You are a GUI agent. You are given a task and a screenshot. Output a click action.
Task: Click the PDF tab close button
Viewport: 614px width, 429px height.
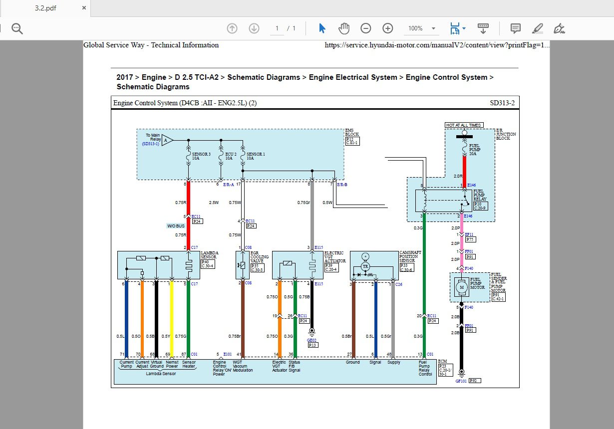tap(84, 8)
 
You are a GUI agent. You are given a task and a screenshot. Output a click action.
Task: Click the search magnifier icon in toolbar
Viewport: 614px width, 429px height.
tap(17, 28)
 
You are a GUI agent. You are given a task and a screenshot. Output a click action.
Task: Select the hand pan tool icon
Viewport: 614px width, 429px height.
tap(343, 28)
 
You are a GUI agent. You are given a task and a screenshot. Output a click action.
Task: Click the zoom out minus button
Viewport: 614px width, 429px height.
tap(366, 28)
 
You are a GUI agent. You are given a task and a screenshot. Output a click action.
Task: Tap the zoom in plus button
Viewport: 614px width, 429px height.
tap(388, 28)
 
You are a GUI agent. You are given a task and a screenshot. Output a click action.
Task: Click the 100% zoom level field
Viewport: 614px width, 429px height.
tap(416, 28)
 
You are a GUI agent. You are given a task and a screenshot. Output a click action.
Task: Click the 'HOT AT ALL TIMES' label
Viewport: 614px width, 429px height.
tap(464, 125)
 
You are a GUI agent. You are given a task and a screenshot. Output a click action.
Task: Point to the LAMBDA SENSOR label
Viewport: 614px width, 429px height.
tap(209, 255)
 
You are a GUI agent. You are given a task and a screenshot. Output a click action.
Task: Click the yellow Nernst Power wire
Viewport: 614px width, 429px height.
tap(171, 319)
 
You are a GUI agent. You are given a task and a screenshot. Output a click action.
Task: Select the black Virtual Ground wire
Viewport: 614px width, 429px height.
tap(156, 319)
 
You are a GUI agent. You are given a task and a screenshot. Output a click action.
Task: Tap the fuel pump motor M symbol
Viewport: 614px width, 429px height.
tap(462, 287)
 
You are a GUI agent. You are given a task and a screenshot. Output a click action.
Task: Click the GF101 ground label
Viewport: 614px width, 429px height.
tap(461, 381)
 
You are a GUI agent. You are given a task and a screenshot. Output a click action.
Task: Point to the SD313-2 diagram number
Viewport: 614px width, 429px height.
tap(502, 103)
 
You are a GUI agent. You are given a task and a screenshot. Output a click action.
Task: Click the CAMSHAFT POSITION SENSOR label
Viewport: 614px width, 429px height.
tap(410, 256)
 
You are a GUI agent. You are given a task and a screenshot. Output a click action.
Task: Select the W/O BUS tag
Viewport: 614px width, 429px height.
tap(176, 226)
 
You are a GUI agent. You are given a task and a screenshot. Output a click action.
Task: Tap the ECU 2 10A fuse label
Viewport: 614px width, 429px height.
tap(230, 156)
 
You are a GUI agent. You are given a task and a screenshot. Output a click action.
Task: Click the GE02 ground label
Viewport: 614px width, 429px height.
tap(312, 340)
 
